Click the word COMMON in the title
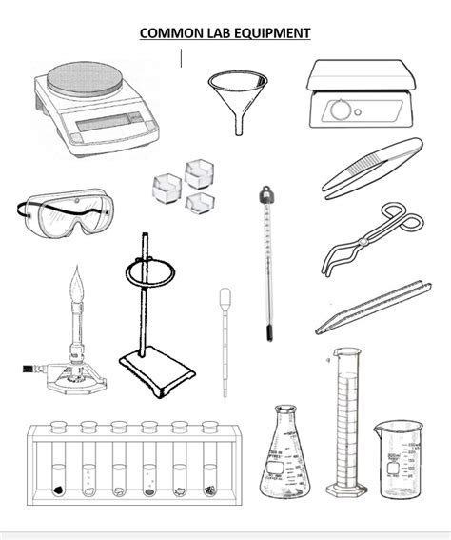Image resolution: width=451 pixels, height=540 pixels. point(166,33)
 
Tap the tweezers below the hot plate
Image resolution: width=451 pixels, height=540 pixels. point(371,167)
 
